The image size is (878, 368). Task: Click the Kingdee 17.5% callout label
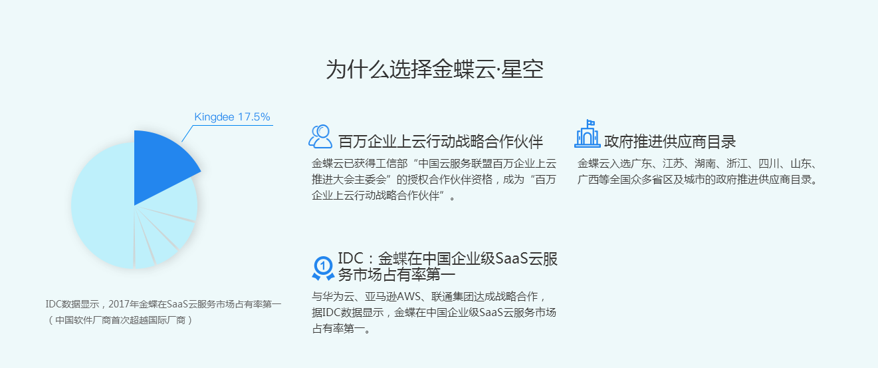pos(232,117)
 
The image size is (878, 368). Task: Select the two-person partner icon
pos(320,136)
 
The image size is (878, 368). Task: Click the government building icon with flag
pos(587,134)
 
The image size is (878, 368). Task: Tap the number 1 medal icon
pos(323,267)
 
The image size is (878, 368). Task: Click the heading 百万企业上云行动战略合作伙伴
pos(441,142)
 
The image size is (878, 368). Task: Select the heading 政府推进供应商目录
pos(670,142)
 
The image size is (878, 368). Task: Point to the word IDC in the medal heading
pos(350,259)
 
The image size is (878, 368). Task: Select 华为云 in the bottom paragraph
pos(339,297)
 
